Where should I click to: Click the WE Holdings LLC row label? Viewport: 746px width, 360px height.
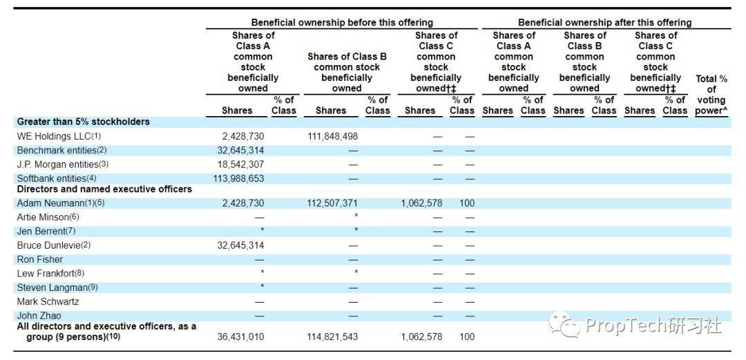tap(59, 136)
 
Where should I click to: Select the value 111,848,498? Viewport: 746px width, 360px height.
tap(332, 136)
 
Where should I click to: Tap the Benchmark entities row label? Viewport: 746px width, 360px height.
tap(63, 151)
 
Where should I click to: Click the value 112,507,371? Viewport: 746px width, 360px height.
tap(332, 203)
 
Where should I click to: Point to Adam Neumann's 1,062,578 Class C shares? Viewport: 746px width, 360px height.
tap(422, 203)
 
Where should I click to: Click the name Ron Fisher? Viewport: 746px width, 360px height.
tap(40, 260)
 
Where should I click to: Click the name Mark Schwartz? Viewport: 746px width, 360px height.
tap(48, 302)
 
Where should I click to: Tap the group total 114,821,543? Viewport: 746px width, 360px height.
tap(332, 337)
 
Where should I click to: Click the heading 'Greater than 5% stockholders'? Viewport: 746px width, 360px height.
tap(84, 122)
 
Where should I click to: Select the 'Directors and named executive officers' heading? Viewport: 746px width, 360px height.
tap(105, 189)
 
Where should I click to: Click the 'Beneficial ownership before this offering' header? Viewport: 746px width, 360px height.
tap(342, 22)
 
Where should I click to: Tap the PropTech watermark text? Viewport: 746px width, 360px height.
tap(653, 325)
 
